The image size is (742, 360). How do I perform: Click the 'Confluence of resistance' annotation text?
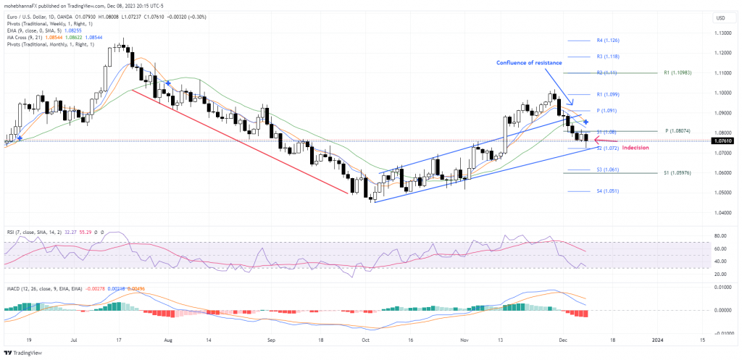[x=529, y=62]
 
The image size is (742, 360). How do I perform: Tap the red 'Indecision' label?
[x=635, y=147]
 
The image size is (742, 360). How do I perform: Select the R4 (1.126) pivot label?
[x=607, y=41]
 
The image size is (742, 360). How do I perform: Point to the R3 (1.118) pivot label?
[x=607, y=56]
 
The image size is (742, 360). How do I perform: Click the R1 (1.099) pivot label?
[x=607, y=95]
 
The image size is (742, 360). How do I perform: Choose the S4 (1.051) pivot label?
[x=607, y=191]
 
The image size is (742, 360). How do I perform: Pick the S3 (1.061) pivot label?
[x=607, y=169]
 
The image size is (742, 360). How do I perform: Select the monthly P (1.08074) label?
[x=680, y=131]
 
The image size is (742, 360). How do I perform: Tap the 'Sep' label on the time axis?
[x=272, y=339]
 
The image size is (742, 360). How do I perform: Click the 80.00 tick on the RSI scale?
[x=719, y=235]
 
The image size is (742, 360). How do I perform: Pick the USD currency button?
[x=720, y=17]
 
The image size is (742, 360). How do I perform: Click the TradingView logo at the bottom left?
[x=23, y=353]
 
